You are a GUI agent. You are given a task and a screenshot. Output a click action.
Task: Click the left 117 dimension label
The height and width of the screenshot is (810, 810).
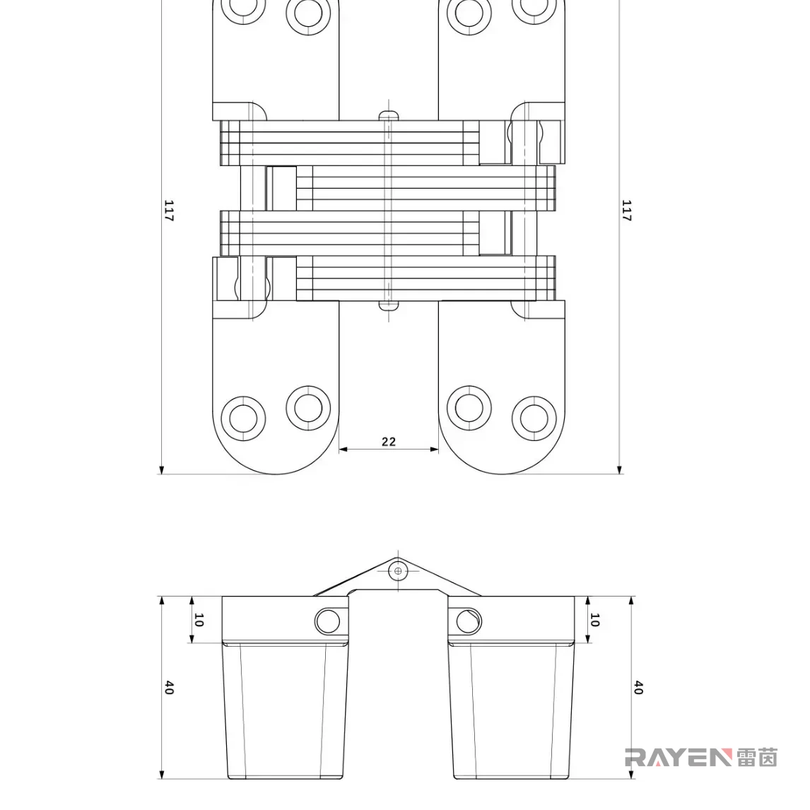pyautogui.click(x=169, y=211)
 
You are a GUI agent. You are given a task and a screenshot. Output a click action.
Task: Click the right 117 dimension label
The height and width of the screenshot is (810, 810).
pyautogui.click(x=627, y=211)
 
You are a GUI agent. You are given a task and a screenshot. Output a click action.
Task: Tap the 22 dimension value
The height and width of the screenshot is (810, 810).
pyautogui.click(x=389, y=442)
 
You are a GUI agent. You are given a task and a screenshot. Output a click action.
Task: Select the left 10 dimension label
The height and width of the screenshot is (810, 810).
pyautogui.click(x=199, y=620)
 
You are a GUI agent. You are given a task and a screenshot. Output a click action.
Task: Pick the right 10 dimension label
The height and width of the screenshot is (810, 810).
pyautogui.click(x=594, y=620)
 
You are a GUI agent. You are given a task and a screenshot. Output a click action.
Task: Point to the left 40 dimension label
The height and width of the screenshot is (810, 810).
pyautogui.click(x=169, y=688)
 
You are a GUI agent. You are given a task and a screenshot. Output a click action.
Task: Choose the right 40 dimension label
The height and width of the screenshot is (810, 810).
pyautogui.click(x=638, y=688)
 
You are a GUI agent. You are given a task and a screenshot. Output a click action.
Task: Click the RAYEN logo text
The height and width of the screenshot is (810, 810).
pyautogui.click(x=679, y=758)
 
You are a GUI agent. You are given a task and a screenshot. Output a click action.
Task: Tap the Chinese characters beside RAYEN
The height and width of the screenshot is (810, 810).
pyautogui.click(x=757, y=758)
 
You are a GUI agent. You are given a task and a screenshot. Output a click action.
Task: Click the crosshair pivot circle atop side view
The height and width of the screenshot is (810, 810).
pyautogui.click(x=398, y=570)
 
